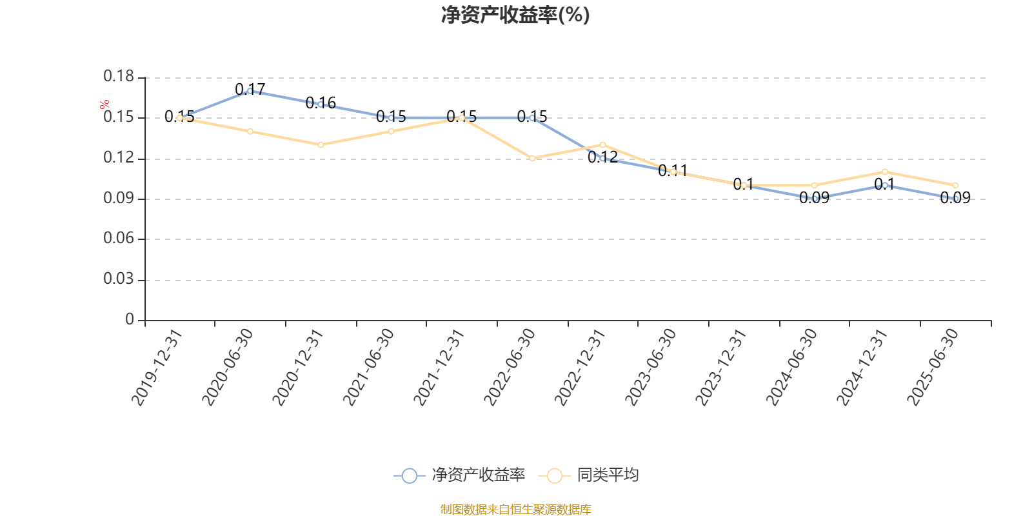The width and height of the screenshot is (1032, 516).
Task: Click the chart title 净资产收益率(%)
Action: [515, 15]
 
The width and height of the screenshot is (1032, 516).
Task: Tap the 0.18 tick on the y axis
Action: [119, 77]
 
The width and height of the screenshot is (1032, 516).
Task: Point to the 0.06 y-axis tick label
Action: [119, 239]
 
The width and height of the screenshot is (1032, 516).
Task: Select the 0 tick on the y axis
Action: [130, 319]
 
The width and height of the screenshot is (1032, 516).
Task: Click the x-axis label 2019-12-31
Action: [157, 367]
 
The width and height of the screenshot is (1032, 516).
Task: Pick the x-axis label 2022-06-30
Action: [510, 367]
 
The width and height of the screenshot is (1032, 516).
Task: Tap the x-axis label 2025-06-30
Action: [933, 367]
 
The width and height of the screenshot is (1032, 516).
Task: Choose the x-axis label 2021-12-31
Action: [439, 367]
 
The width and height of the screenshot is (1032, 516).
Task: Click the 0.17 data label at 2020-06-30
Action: [250, 89]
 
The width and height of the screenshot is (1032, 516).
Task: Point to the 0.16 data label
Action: [321, 103]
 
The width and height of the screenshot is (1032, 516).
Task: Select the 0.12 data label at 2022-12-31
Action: [602, 157]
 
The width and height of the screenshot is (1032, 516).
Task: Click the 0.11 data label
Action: [673, 170]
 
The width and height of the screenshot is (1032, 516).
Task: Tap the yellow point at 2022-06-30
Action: [532, 158]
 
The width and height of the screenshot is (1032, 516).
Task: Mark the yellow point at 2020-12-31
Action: [321, 144]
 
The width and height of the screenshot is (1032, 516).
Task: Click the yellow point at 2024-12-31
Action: [885, 172]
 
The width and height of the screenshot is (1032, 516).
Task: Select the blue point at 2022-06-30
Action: [532, 117]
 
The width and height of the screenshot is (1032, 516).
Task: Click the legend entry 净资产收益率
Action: [461, 475]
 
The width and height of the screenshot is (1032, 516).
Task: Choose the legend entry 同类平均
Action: [593, 475]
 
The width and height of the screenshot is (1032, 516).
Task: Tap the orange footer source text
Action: [515, 510]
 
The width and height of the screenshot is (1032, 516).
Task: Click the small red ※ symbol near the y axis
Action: [104, 104]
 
